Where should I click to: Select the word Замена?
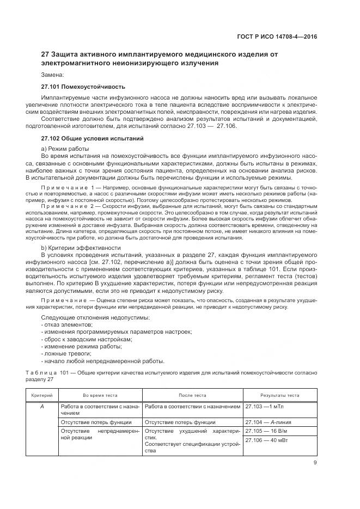click(x=52, y=75)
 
